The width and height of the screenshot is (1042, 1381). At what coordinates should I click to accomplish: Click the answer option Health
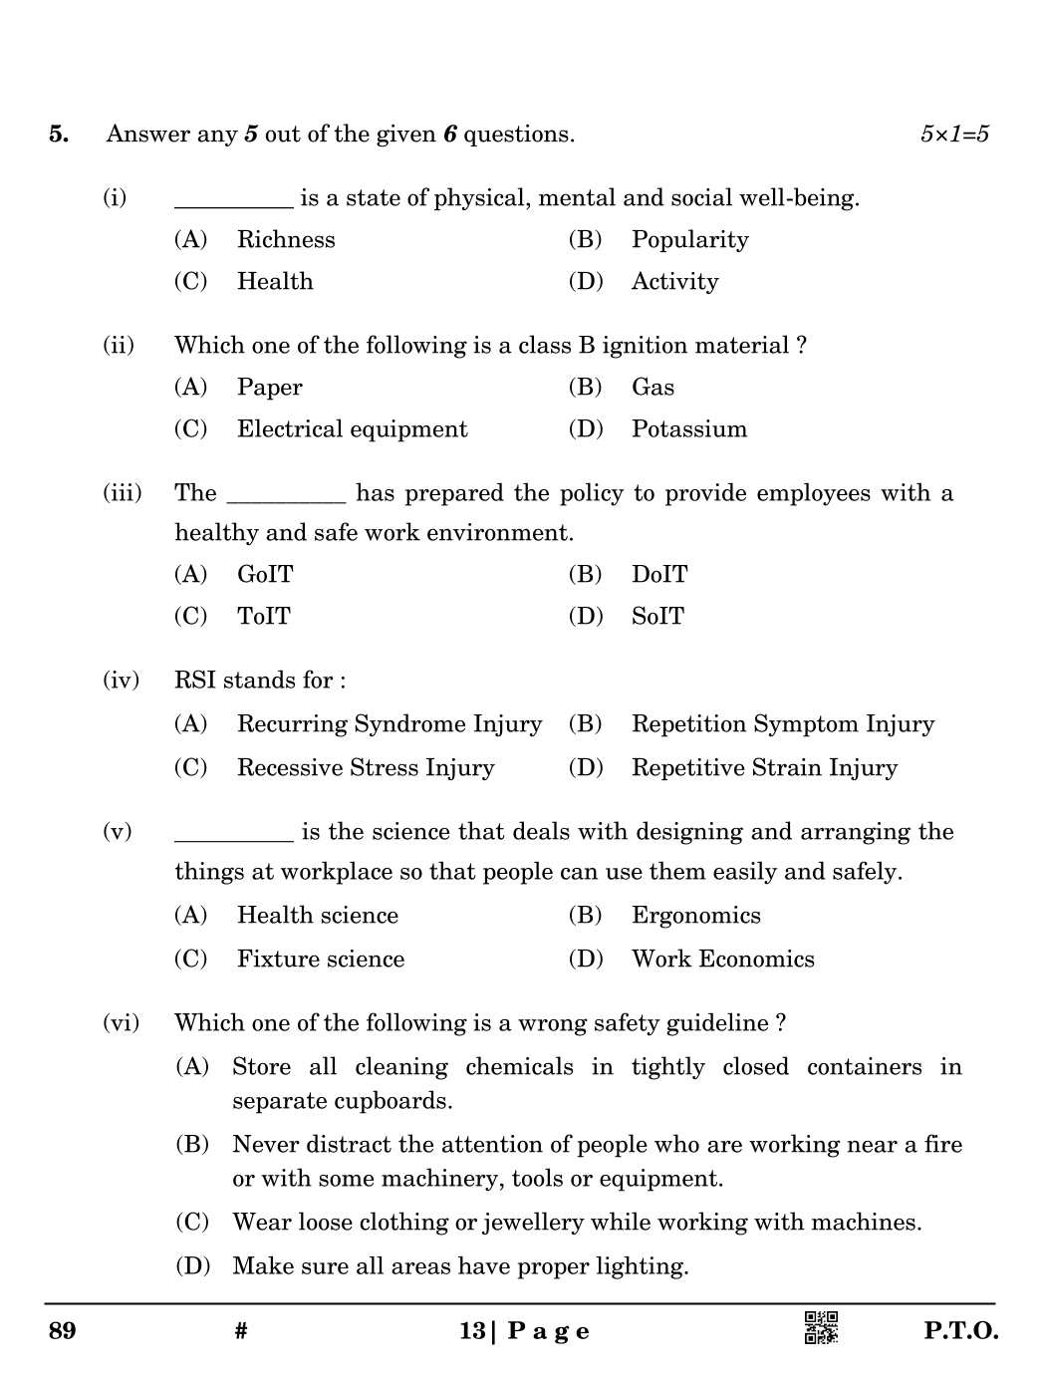274,282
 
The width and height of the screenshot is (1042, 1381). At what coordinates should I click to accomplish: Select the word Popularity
689,240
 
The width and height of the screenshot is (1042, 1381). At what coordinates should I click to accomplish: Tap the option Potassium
688,429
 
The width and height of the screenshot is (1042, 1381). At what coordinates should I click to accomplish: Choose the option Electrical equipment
352,429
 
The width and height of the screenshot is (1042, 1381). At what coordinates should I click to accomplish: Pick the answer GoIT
265,575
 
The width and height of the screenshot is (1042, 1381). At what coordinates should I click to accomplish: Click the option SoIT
657,617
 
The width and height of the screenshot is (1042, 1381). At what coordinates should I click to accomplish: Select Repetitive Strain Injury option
764,768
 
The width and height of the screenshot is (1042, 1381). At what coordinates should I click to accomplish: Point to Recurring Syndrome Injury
389,724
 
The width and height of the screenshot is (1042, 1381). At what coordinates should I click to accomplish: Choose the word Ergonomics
695,916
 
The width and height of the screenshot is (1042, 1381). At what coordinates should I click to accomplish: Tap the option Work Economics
722,960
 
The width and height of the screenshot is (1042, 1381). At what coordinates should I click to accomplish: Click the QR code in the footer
821,1328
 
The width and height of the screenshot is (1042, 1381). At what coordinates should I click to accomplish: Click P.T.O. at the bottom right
960,1331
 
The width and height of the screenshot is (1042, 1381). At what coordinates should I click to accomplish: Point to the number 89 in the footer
62,1331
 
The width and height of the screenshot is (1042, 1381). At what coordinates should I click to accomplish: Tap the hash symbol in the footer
241,1331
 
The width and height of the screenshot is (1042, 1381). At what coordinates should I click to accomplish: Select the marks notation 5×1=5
954,135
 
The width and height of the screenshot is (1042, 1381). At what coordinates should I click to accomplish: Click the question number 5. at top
59,135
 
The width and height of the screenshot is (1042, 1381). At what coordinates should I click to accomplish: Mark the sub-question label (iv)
121,681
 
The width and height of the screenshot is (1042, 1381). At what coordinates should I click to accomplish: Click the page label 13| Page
524,1331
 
